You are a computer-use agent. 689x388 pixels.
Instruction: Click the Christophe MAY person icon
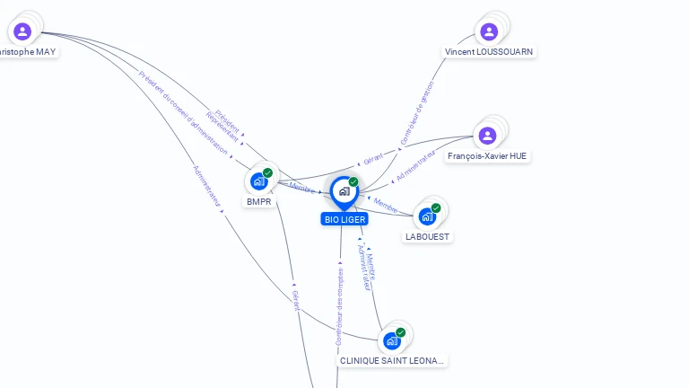[x=22, y=31]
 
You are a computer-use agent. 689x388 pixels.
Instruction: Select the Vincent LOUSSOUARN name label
[x=489, y=52]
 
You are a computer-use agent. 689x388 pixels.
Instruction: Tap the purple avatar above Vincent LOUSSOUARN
[x=489, y=32]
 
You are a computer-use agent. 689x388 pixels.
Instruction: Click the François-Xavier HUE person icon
[x=487, y=136]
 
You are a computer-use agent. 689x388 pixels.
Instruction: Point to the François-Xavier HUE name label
[x=487, y=156]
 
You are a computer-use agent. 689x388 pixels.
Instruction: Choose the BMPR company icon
[x=259, y=181]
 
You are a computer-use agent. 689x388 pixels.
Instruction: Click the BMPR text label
[x=259, y=202]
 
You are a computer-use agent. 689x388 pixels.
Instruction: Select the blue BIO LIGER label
[x=344, y=219]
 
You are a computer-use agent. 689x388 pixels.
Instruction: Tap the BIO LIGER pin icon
[x=344, y=191]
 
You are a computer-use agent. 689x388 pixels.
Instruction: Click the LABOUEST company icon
[x=428, y=216]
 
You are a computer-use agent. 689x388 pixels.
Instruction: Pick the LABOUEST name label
[x=428, y=237]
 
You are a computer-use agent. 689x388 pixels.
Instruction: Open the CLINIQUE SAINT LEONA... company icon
[x=391, y=340]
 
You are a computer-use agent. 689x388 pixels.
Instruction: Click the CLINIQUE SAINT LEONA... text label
[x=391, y=361]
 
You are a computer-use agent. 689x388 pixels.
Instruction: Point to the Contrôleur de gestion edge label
[x=417, y=113]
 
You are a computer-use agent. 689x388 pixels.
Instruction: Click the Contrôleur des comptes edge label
[x=339, y=306]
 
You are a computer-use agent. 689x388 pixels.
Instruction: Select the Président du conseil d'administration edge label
[x=184, y=111]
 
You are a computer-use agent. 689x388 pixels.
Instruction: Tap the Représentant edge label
[x=222, y=127]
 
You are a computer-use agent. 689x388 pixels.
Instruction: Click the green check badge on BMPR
[x=267, y=172]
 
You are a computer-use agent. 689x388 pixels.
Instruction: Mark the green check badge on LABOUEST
[x=437, y=207]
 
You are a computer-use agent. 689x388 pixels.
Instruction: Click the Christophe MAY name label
[x=27, y=52]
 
